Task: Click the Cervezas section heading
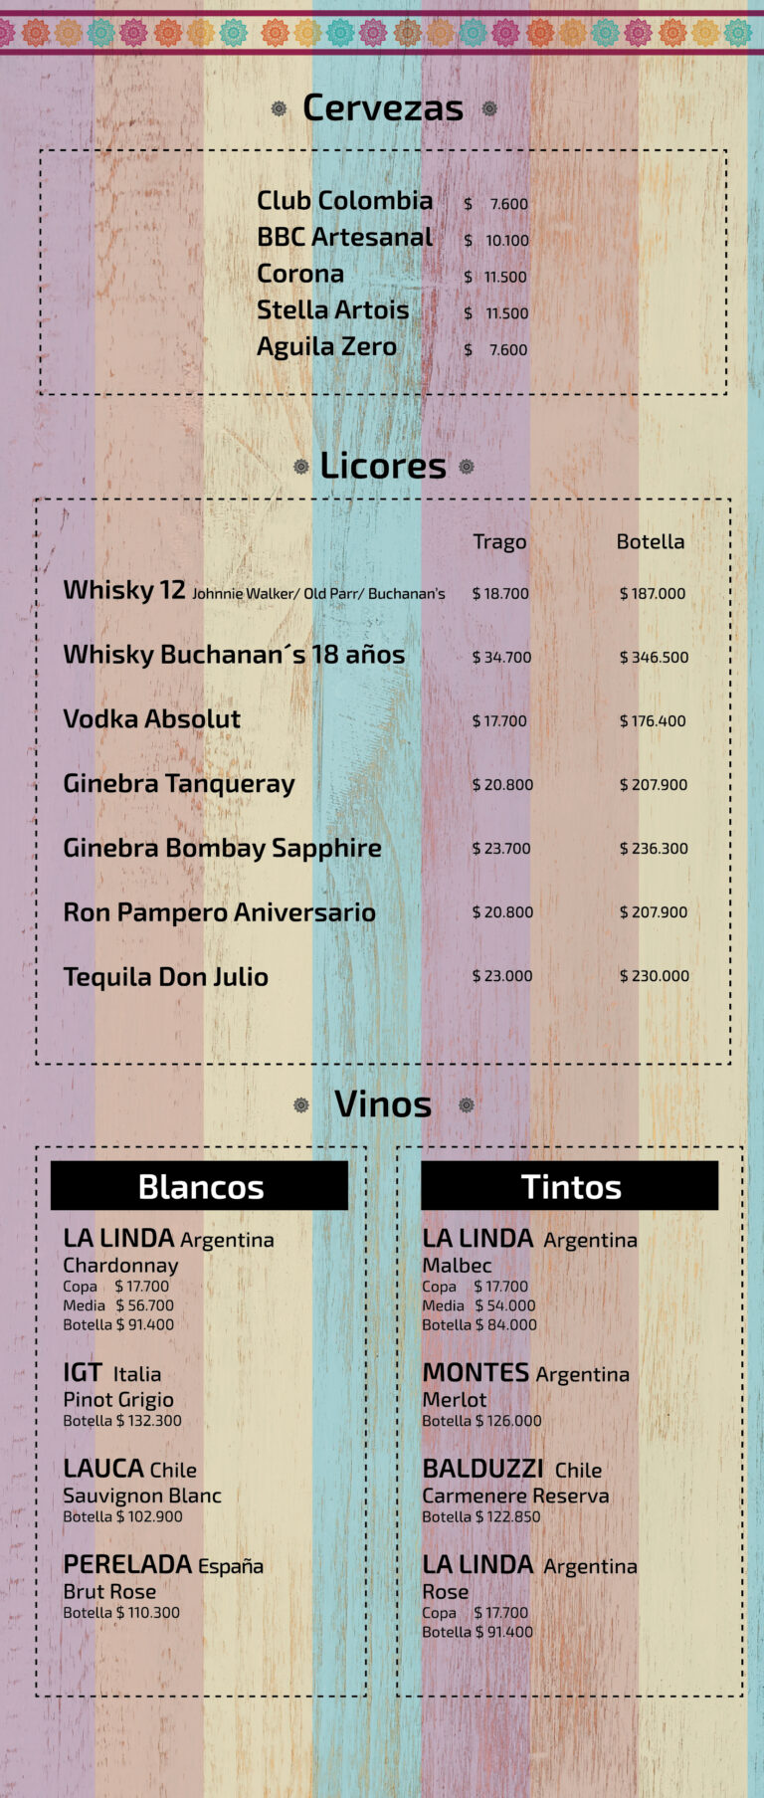tap(383, 107)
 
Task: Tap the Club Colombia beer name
tap(344, 200)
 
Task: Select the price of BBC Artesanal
tap(496, 240)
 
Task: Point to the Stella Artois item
tap(332, 309)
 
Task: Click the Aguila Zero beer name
tap(326, 346)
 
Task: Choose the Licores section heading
tap(383, 465)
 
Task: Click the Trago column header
tap(499, 541)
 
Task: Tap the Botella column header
tap(650, 541)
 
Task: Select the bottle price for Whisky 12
tap(653, 593)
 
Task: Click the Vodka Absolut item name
tap(151, 718)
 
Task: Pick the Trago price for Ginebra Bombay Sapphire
tap(501, 848)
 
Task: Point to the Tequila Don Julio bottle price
tap(654, 975)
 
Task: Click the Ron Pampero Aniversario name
tap(219, 911)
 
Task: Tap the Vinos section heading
tap(383, 1103)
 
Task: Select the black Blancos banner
tap(200, 1186)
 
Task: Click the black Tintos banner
tap(570, 1186)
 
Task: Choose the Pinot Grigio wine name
tap(117, 1398)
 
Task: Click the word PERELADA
tap(127, 1564)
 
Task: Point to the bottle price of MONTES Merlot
tap(481, 1420)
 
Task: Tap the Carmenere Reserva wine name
tap(515, 1495)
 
